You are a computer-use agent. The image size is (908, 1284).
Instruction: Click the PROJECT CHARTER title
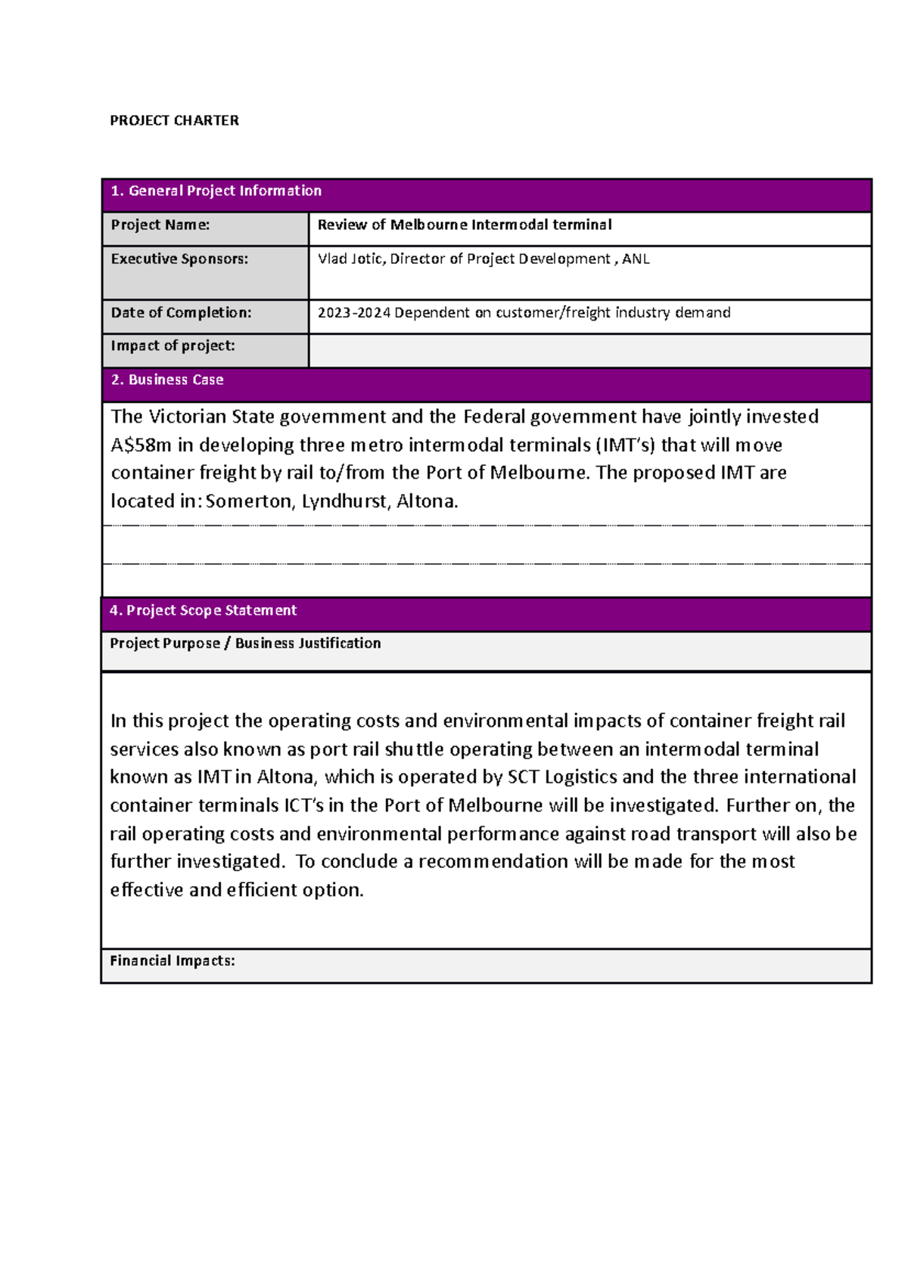tap(174, 120)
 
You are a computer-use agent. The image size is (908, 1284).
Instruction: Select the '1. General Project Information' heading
tap(216, 191)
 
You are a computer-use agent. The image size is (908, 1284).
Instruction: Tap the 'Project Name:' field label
tap(160, 225)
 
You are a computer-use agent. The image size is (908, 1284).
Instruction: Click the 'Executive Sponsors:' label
tap(179, 259)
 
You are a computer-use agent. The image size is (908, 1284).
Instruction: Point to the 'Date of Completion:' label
tap(181, 312)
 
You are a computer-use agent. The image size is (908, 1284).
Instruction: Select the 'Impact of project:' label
tap(173, 346)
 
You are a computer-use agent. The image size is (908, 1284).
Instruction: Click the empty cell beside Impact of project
tap(589, 351)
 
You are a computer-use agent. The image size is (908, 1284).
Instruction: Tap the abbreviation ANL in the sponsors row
tap(636, 259)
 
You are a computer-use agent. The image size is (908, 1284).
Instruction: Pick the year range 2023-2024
tap(353, 312)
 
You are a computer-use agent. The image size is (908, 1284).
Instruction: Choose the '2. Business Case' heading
tap(167, 380)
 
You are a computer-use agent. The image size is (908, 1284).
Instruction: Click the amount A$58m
tap(141, 445)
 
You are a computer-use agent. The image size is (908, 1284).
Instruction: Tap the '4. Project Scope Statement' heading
tap(203, 610)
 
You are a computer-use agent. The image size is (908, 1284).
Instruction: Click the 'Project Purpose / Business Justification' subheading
tap(245, 644)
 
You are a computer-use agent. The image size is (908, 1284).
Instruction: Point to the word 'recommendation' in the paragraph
tap(493, 861)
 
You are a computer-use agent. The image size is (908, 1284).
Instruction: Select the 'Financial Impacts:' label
tap(173, 960)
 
